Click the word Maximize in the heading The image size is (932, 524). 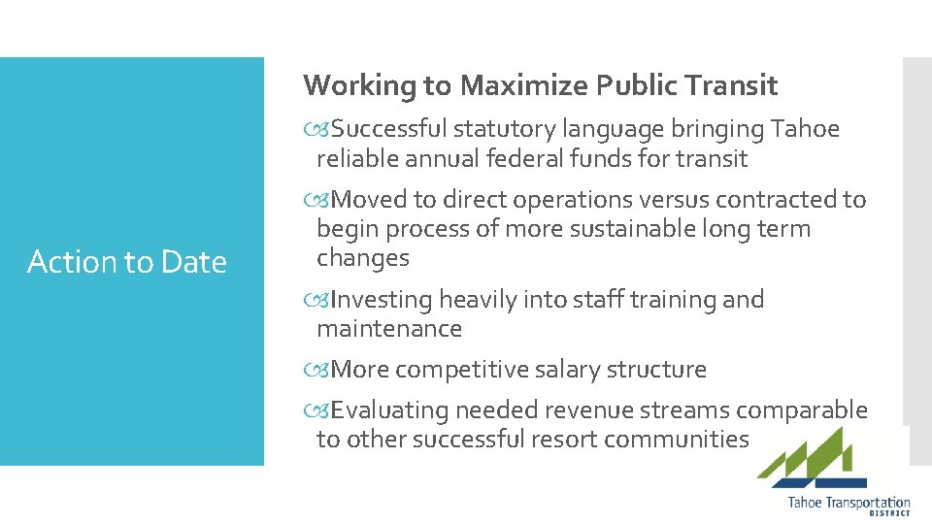coord(523,86)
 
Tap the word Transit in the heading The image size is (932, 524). coord(735,86)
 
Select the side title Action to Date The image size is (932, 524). coord(127,262)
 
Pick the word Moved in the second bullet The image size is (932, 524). coord(370,200)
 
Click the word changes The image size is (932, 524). coord(363,258)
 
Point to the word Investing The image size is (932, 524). coord(383,300)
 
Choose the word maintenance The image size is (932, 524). coord(389,329)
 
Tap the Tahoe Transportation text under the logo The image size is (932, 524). coord(849,503)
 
